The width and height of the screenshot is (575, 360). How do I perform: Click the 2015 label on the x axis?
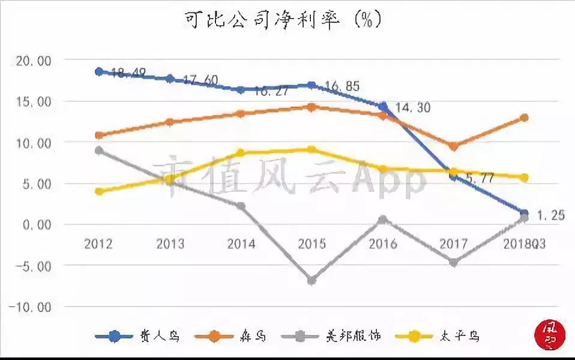click(312, 244)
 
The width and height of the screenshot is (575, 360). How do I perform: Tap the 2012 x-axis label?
click(98, 244)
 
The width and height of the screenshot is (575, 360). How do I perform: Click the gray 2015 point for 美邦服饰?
click(312, 280)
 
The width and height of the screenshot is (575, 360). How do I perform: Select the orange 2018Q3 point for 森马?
click(524, 118)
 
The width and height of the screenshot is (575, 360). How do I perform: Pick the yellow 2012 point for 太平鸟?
click(99, 191)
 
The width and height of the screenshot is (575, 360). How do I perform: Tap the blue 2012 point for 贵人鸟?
click(99, 71)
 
